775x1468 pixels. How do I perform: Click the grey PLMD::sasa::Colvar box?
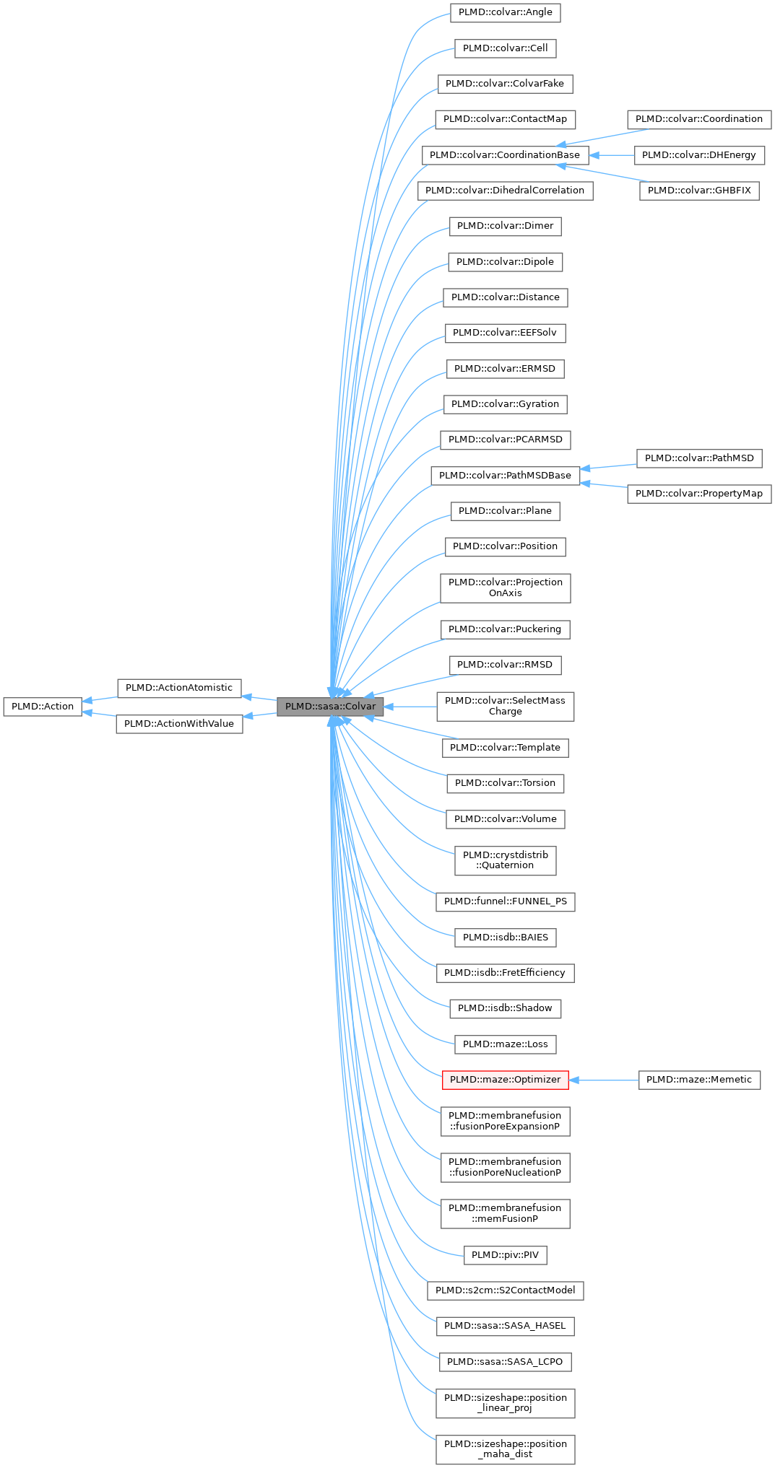(x=330, y=707)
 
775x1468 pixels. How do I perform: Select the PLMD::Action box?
(x=43, y=707)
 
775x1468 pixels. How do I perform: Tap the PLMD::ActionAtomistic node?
(x=179, y=688)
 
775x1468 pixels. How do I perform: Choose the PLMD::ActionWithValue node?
(x=179, y=724)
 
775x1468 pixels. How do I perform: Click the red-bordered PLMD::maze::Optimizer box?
(x=505, y=1080)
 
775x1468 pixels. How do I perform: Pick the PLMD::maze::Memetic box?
(x=698, y=1080)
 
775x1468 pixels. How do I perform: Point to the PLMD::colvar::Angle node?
(x=505, y=12)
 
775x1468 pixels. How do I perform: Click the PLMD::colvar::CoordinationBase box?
(x=504, y=155)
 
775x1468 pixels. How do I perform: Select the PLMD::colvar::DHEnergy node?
(x=698, y=155)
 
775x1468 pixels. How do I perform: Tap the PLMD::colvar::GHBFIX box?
(x=698, y=191)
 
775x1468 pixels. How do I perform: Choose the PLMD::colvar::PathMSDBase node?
(x=505, y=476)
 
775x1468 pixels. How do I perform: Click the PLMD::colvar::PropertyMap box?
(x=698, y=494)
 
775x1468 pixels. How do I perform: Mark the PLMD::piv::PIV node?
(x=505, y=1255)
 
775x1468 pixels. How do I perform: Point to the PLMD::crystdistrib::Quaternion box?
(x=505, y=860)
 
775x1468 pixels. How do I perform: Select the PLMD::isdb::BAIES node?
(x=505, y=938)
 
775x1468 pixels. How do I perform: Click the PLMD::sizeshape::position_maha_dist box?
(x=505, y=1449)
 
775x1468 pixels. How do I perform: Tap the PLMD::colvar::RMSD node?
(x=505, y=665)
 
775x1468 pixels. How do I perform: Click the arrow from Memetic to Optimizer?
(x=604, y=1080)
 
